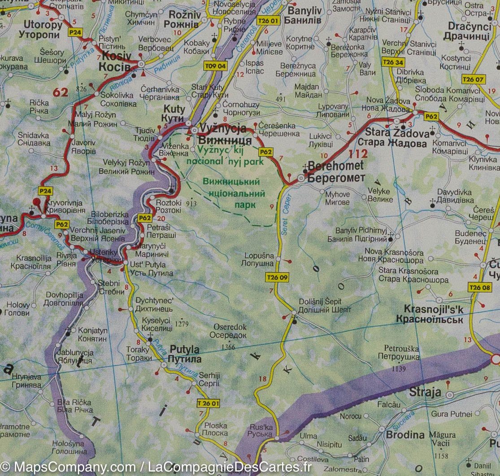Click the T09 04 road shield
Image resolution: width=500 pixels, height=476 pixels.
(216, 66)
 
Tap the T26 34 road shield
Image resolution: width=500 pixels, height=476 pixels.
(393, 62)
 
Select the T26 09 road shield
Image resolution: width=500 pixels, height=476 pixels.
(277, 277)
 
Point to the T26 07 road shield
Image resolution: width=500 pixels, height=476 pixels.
(473, 79)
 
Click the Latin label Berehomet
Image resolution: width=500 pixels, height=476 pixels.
(335, 166)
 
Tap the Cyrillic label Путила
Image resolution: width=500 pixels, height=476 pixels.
(184, 359)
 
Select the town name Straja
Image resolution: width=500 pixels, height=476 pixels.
(425, 393)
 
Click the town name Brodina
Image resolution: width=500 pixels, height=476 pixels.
(405, 434)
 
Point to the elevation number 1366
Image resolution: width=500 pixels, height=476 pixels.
(228, 346)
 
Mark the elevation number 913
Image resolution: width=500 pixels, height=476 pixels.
(191, 203)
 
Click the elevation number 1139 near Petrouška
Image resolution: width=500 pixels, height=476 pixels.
(398, 369)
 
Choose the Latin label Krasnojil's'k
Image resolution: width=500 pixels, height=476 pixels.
(434, 310)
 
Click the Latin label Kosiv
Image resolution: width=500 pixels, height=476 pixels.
(117, 56)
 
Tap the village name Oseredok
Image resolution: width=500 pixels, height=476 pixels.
(230, 327)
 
